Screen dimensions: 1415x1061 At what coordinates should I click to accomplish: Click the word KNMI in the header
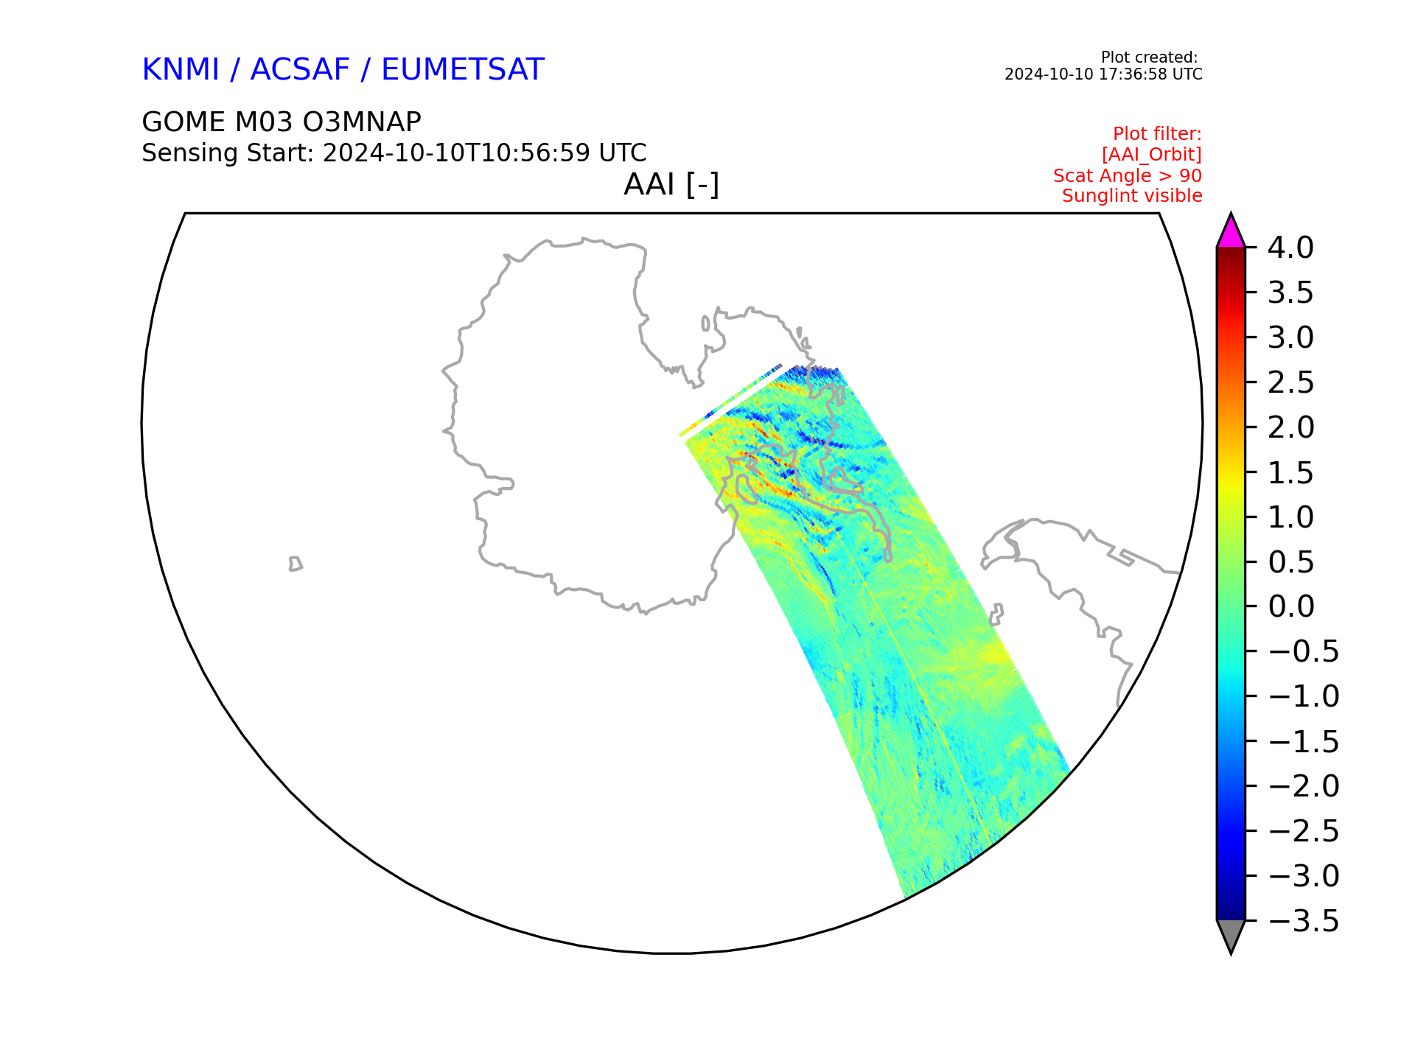181,70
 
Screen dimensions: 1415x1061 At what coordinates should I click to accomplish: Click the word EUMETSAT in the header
463,70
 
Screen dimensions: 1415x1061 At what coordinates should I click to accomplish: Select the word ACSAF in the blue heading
300,70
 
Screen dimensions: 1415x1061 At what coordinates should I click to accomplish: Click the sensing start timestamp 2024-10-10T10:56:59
456,153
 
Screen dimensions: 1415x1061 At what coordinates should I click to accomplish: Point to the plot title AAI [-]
671,184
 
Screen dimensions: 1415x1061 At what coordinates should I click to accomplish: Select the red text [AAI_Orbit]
1152,155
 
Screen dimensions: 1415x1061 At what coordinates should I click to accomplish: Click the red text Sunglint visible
1132,196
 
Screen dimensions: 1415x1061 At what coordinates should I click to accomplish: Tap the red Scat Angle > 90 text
1128,176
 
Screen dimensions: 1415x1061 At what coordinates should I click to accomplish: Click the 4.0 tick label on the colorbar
1290,248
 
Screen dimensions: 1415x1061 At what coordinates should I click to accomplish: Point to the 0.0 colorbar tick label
1290,606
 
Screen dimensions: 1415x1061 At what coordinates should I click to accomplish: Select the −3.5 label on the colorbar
1303,921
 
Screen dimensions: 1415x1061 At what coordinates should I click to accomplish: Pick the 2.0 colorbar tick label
1290,427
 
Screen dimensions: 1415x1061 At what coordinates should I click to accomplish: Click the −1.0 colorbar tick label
1303,696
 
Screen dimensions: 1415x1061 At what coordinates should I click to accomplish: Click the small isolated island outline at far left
296,564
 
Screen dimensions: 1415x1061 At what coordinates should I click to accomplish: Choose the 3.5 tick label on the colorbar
1290,293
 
